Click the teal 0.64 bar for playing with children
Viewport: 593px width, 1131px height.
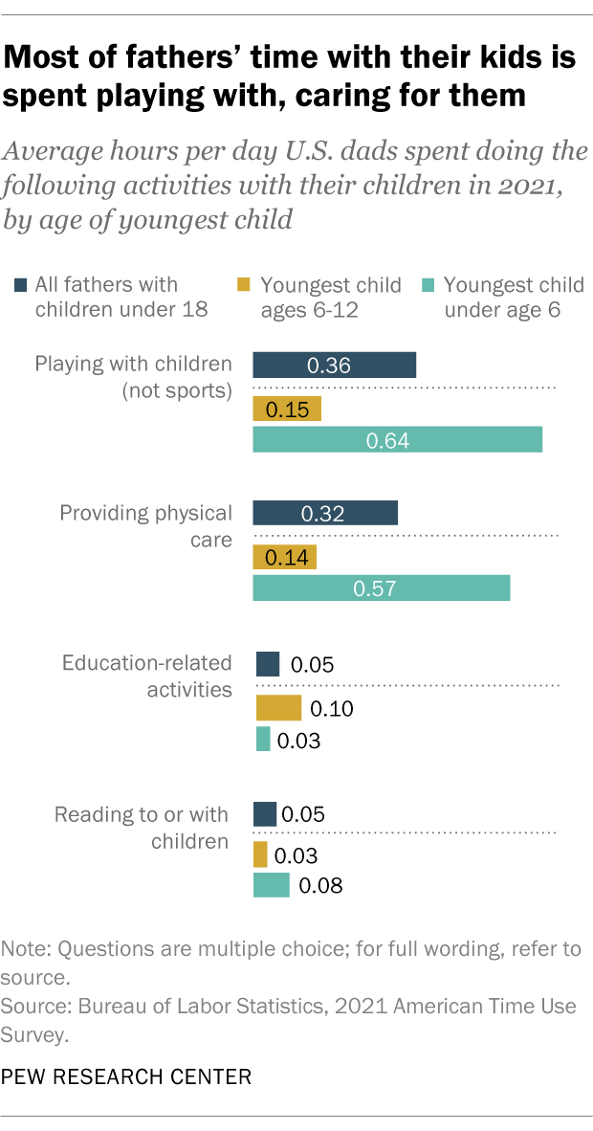[397, 440]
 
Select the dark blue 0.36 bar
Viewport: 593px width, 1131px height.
[334, 366]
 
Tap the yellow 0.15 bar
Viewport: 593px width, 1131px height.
[286, 410]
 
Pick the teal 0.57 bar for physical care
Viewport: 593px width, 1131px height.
[381, 588]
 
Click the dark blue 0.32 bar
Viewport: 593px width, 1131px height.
[324, 513]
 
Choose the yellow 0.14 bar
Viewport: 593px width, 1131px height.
[284, 557]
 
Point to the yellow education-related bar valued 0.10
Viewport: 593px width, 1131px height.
[278, 708]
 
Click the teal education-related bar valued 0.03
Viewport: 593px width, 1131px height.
[263, 740]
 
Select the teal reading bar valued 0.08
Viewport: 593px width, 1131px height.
[271, 886]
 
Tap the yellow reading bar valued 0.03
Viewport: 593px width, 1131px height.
[260, 855]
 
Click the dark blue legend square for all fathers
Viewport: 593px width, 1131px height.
[21, 284]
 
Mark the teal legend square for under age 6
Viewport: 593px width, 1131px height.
[428, 284]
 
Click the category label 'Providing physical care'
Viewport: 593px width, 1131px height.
[145, 526]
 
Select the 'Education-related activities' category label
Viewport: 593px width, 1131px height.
[146, 676]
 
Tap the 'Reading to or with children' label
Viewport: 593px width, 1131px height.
[142, 828]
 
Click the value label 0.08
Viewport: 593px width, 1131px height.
[320, 886]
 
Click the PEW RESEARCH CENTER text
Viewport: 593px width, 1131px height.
[126, 1076]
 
